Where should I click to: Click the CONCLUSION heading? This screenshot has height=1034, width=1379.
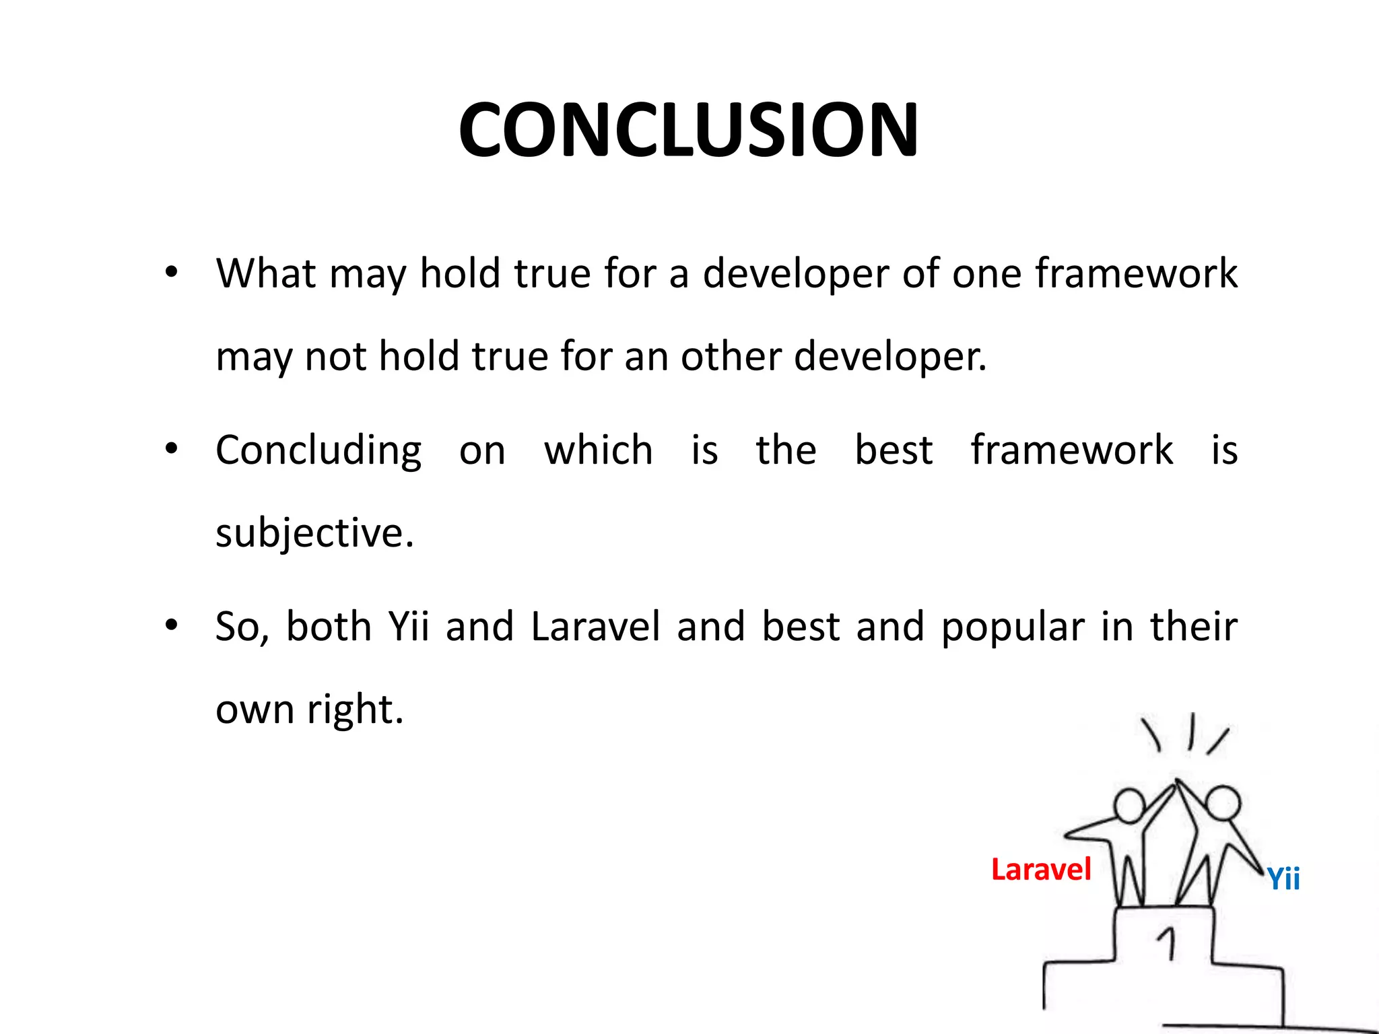click(x=688, y=129)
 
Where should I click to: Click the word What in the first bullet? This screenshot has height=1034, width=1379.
click(x=266, y=273)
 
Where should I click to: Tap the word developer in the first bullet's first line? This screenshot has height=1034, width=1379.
click(x=795, y=275)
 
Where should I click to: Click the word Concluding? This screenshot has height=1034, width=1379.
click(x=318, y=451)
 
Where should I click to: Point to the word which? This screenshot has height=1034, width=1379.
click(x=599, y=450)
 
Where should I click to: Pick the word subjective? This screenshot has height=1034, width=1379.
click(x=314, y=533)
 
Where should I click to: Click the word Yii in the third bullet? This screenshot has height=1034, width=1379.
click(x=409, y=627)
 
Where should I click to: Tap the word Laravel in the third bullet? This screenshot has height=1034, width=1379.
click(x=595, y=627)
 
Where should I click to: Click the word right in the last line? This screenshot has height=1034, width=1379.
click(x=355, y=710)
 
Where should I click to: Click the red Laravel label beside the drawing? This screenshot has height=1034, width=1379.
click(x=1041, y=870)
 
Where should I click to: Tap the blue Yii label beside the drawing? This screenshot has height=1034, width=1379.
click(x=1283, y=878)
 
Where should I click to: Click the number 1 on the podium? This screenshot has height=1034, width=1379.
click(x=1168, y=942)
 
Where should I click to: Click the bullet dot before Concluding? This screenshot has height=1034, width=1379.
click(x=172, y=448)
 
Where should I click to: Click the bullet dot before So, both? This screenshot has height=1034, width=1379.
click(x=172, y=625)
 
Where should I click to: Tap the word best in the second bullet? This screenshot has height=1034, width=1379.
click(x=894, y=450)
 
